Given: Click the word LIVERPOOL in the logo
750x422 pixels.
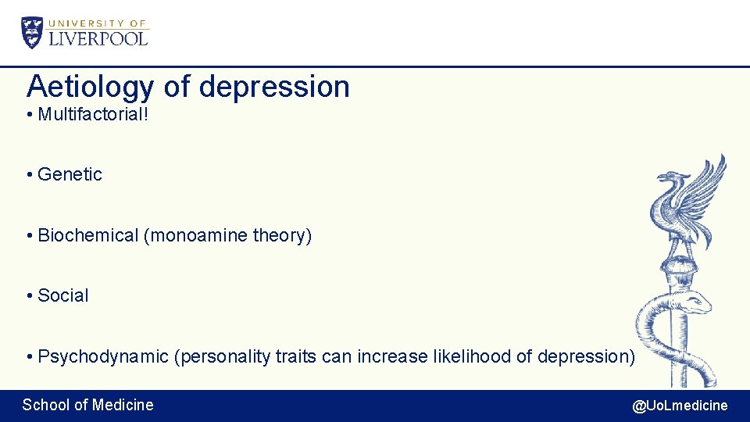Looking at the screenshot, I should click(x=98, y=38).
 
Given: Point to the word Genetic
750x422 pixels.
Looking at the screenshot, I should click(x=70, y=174).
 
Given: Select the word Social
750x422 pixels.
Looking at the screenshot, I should click(x=63, y=295).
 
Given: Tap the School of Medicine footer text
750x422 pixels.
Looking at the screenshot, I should click(x=87, y=405).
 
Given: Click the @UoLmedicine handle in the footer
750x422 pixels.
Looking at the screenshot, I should click(x=680, y=405).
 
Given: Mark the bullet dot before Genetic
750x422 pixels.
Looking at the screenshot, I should click(x=29, y=175).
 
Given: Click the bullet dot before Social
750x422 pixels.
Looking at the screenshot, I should click(x=29, y=296).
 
